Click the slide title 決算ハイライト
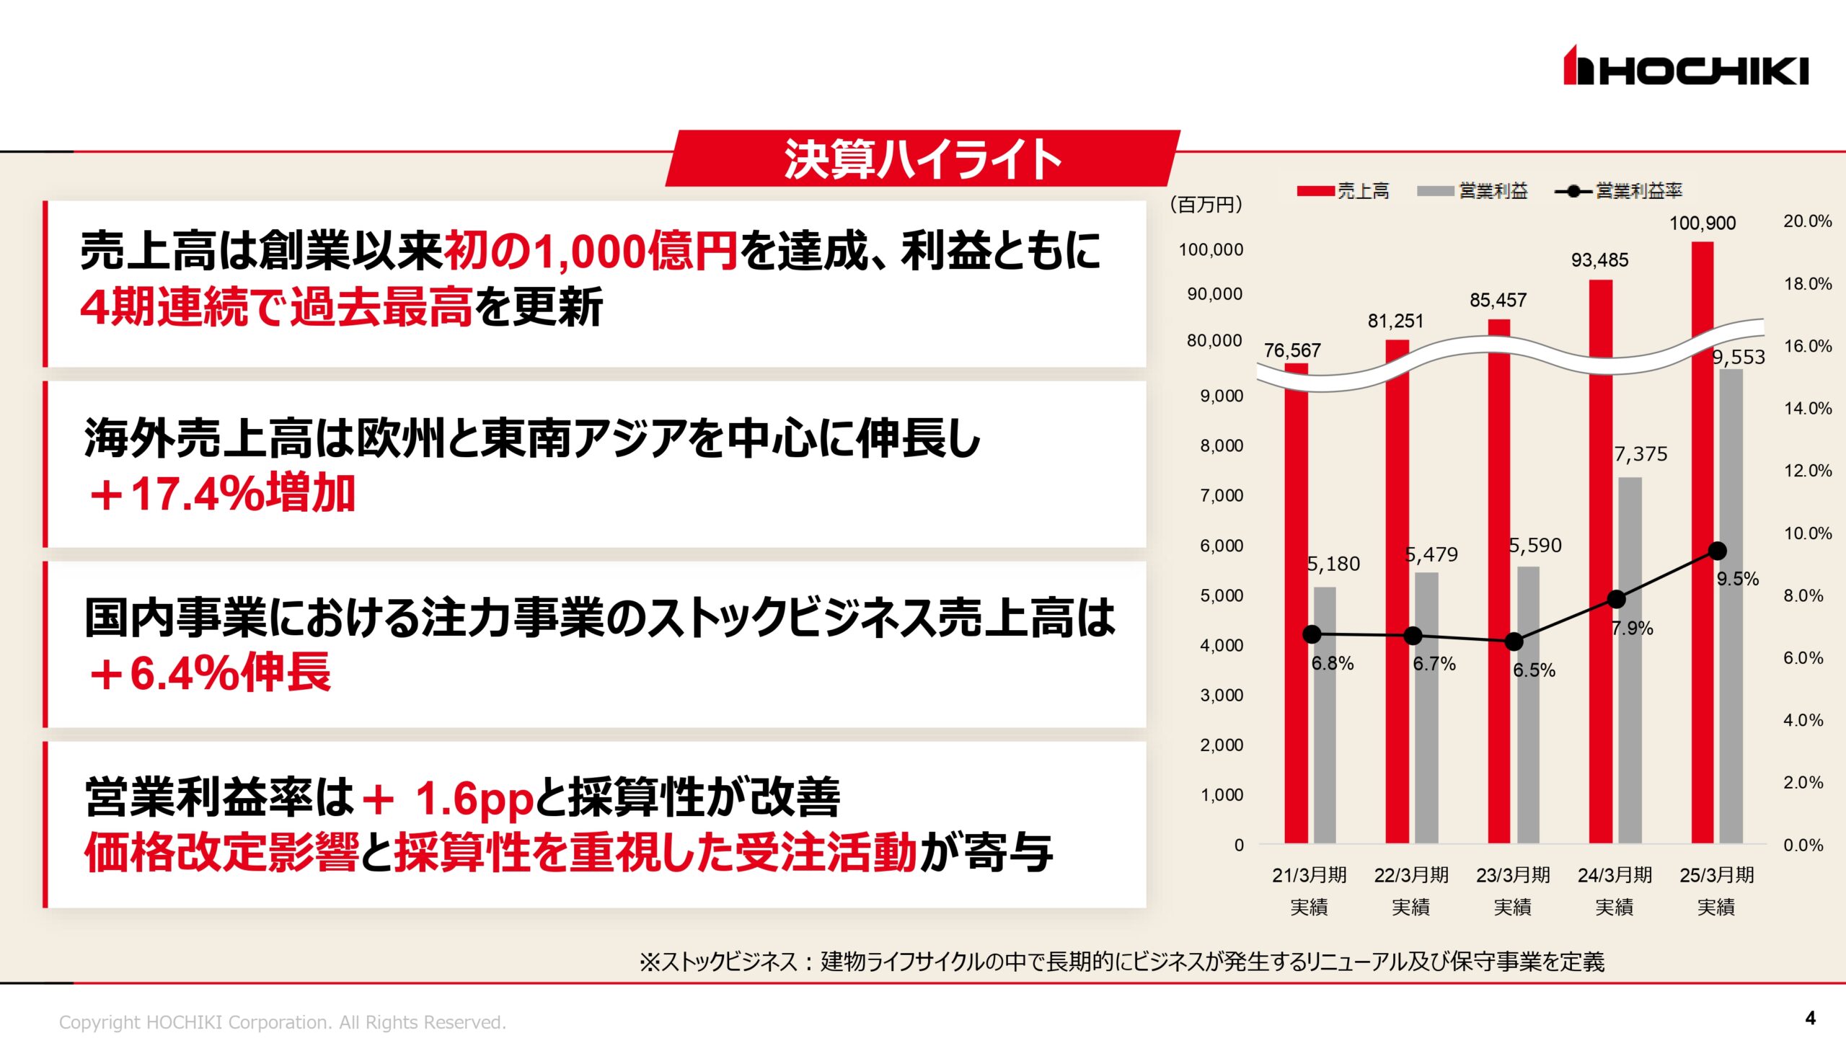[922, 159]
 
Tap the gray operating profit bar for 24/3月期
[1630, 660]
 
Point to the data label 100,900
[1703, 223]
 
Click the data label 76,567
[1292, 350]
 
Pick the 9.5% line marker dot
[1718, 551]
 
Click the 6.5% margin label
[1534, 670]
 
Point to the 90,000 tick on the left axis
[1214, 294]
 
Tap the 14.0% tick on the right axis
[1807, 409]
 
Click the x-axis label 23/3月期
[1513, 875]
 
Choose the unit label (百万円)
[1206, 205]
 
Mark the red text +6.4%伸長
[210, 674]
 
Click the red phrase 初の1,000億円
[591, 252]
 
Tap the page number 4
[1810, 1018]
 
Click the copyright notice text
[282, 1022]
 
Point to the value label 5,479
[1431, 554]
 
